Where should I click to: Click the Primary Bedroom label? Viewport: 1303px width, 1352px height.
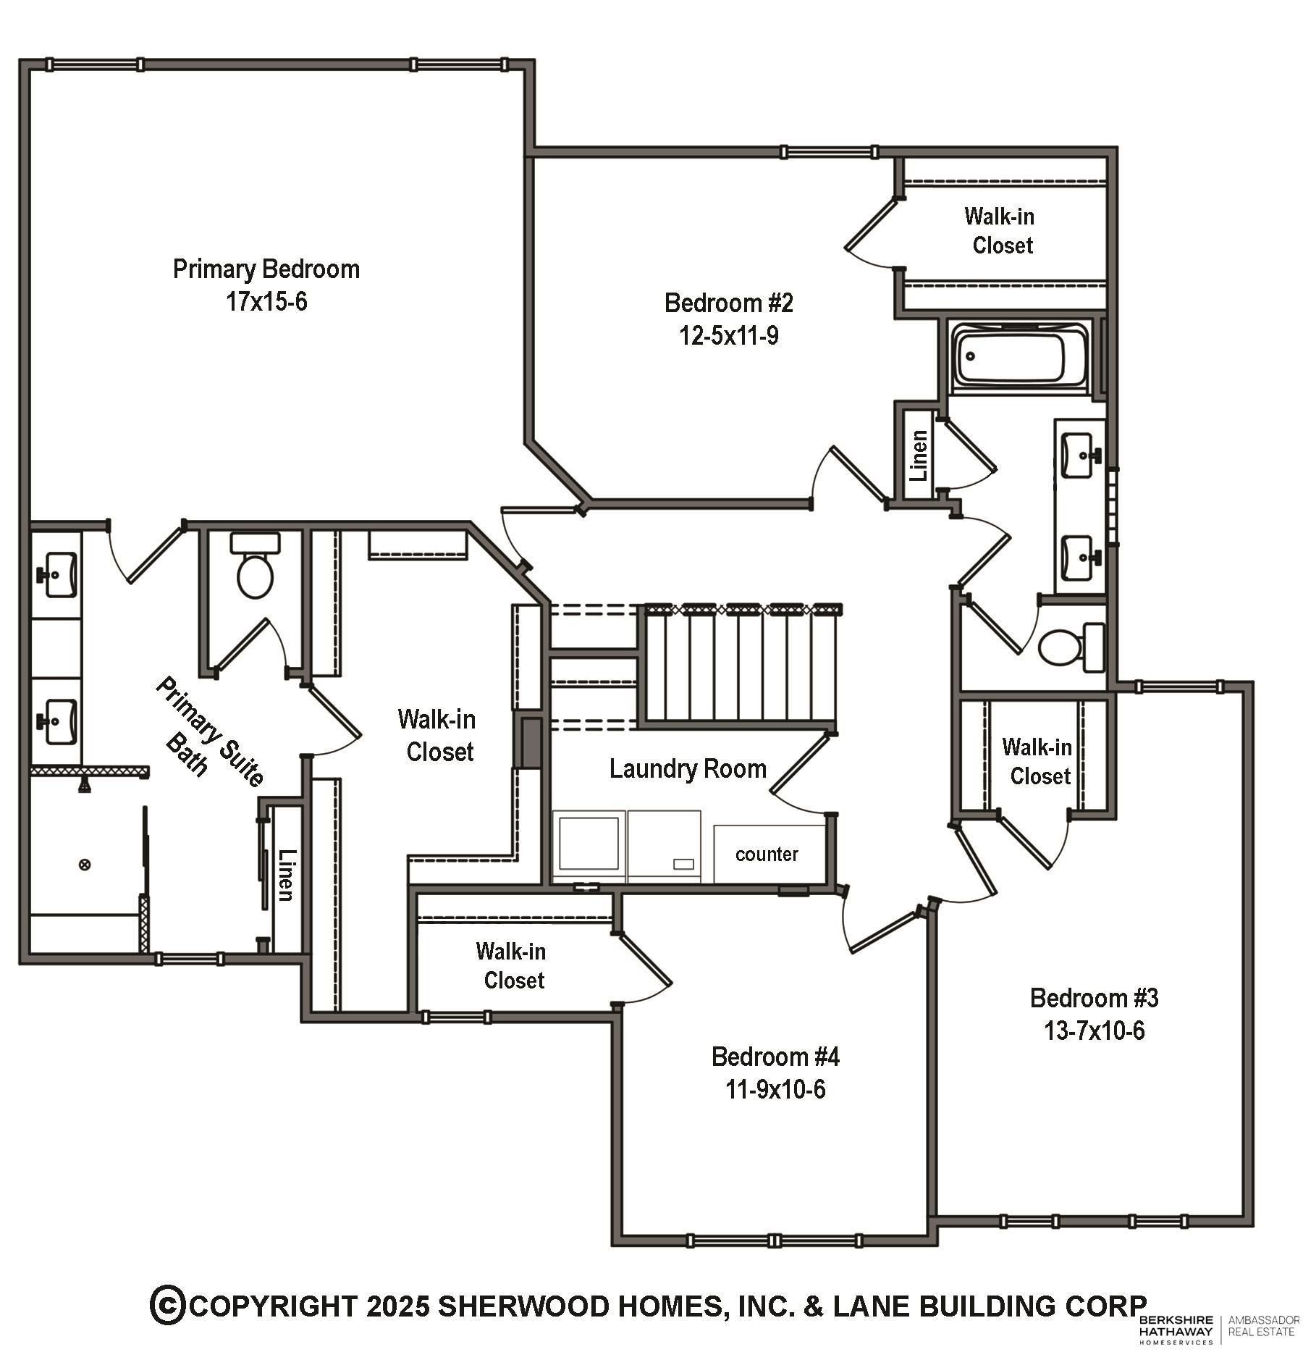click(266, 269)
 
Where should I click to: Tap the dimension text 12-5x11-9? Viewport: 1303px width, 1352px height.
click(728, 336)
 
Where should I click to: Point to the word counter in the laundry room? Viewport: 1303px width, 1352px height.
click(767, 855)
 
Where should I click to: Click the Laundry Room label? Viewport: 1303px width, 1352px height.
click(687, 769)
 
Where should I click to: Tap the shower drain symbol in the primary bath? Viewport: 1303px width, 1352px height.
click(85, 864)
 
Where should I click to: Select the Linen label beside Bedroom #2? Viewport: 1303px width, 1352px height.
click(918, 455)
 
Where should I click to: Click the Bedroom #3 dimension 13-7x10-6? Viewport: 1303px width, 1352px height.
click(1094, 1030)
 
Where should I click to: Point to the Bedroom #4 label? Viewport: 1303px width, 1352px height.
click(775, 1057)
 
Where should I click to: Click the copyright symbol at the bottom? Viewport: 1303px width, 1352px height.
click(167, 1305)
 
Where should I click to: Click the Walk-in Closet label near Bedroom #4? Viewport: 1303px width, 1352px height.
click(512, 965)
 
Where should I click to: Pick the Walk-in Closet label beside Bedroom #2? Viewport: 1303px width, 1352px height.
click(1000, 230)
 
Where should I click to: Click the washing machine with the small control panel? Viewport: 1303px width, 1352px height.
click(664, 846)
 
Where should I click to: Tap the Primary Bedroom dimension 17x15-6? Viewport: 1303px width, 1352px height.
click(266, 301)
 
